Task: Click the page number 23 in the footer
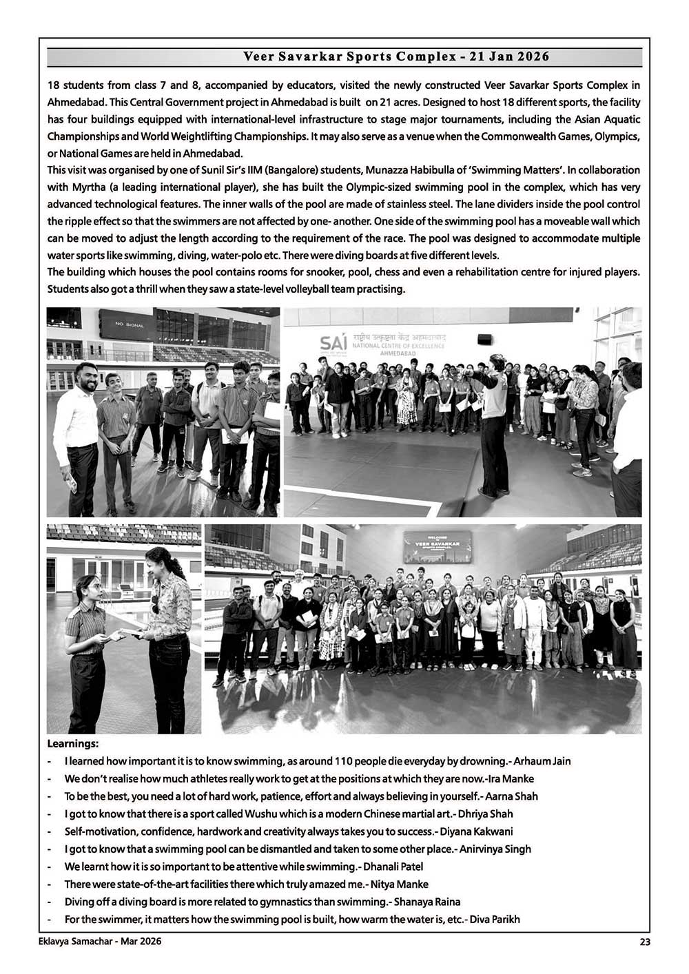point(645,942)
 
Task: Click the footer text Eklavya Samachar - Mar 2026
point(100,941)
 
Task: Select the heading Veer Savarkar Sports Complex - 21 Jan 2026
point(396,56)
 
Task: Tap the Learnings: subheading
point(72,744)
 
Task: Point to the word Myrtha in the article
point(87,187)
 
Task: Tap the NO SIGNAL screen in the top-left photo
point(130,324)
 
